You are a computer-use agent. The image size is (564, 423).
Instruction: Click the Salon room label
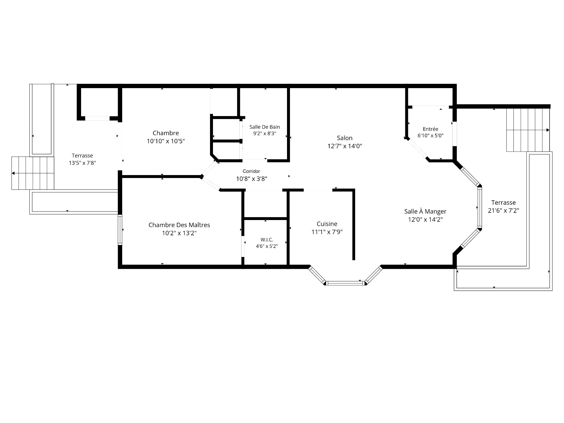[x=345, y=138]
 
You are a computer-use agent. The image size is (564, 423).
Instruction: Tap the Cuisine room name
[x=327, y=224]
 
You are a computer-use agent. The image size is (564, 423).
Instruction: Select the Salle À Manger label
[x=425, y=211]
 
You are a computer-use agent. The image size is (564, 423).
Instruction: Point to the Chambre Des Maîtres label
[x=179, y=225]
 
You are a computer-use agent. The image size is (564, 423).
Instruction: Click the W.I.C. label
[x=267, y=240]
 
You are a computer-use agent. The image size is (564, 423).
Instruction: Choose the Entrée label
[x=431, y=129]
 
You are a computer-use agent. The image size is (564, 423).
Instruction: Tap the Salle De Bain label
[x=265, y=127]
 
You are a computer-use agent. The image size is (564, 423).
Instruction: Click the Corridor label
[x=251, y=171]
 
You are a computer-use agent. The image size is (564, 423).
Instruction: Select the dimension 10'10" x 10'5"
[x=166, y=141]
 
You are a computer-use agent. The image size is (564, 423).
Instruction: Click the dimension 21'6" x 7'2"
[x=503, y=211]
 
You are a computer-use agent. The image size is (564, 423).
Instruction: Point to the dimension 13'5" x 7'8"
[x=82, y=163]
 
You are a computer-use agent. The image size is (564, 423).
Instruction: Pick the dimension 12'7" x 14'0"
[x=345, y=146]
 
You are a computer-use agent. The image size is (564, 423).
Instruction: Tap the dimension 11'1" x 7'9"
[x=327, y=232]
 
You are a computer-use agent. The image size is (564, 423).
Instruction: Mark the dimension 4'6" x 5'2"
[x=267, y=246]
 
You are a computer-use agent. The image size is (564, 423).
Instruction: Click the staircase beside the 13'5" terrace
[x=33, y=173]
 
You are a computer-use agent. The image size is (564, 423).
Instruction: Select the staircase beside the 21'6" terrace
[x=528, y=130]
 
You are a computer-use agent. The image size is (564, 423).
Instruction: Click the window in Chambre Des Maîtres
[x=120, y=230]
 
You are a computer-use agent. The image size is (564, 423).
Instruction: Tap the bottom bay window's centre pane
[x=345, y=283]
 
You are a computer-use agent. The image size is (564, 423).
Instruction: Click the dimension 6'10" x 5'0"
[x=431, y=136]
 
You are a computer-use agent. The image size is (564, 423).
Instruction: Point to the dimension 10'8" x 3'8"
[x=252, y=179]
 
